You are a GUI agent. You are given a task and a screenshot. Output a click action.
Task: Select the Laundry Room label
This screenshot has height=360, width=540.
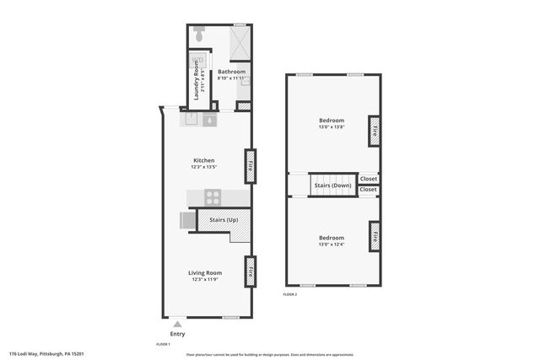196,80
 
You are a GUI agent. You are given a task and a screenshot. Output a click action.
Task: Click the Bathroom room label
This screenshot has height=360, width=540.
231,73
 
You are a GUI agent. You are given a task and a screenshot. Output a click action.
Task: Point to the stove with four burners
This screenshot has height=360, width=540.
213,198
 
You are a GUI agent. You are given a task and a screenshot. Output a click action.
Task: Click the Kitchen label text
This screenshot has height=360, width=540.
203,160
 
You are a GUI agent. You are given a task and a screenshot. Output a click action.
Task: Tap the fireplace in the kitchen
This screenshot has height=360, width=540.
250,166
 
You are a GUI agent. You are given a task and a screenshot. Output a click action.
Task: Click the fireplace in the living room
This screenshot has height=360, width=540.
250,271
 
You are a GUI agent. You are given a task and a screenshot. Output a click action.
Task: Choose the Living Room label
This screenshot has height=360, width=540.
204,273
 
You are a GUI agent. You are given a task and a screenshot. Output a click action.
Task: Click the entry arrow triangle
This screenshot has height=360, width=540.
176,323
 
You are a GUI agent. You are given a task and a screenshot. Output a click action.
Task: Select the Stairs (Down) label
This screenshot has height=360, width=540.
332,185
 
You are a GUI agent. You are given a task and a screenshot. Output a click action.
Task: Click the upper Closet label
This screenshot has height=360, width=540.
369,179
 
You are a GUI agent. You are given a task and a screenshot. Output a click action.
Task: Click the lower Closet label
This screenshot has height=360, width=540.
369,190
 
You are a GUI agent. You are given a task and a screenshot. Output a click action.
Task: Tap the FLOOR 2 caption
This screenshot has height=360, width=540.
290,294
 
